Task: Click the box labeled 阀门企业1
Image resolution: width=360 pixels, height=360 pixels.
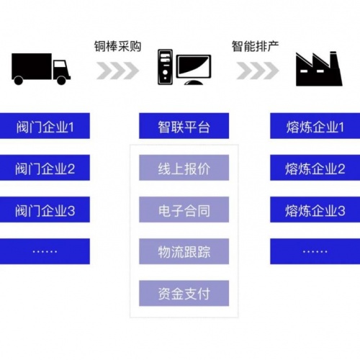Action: (x=45, y=126)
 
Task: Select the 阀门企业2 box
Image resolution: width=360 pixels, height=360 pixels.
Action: (x=45, y=168)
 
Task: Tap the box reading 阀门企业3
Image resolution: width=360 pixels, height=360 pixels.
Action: (x=45, y=210)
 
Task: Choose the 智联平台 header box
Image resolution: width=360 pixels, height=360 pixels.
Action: (x=184, y=126)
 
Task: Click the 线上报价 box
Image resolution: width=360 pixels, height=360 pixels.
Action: (x=184, y=168)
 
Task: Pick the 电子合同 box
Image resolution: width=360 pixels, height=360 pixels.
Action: (x=184, y=210)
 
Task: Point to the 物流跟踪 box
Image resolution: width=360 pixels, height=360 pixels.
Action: (x=184, y=251)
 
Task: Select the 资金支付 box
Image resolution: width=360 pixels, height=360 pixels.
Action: (x=184, y=293)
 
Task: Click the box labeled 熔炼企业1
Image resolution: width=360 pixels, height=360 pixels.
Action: (x=315, y=126)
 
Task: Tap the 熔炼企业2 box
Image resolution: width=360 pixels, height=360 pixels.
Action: (x=315, y=168)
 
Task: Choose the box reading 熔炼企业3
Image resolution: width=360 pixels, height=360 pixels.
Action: (x=315, y=210)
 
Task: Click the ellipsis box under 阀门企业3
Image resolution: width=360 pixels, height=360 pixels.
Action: (x=45, y=251)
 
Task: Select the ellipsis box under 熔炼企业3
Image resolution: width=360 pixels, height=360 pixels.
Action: (x=315, y=251)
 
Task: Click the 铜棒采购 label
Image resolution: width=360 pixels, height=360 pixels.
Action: (x=117, y=46)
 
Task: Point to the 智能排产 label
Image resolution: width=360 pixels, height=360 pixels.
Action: (x=255, y=46)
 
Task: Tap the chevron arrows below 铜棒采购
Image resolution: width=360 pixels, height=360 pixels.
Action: (x=117, y=71)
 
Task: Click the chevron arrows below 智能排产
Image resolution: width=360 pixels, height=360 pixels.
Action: (x=258, y=71)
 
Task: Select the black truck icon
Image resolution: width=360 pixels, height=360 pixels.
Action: (x=41, y=69)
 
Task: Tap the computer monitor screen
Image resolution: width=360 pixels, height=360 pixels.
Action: (x=194, y=66)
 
